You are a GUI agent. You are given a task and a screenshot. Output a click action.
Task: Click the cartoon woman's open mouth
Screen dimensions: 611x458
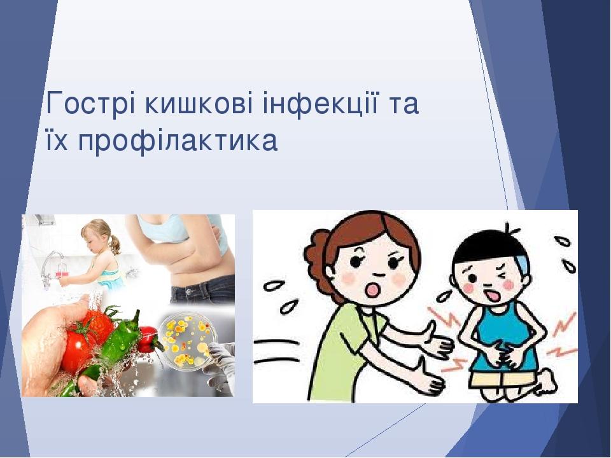click(374, 289)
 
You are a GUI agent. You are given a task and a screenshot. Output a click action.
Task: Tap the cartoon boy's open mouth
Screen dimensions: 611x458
click(492, 295)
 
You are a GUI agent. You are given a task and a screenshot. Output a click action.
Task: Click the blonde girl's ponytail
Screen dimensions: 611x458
click(115, 243)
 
